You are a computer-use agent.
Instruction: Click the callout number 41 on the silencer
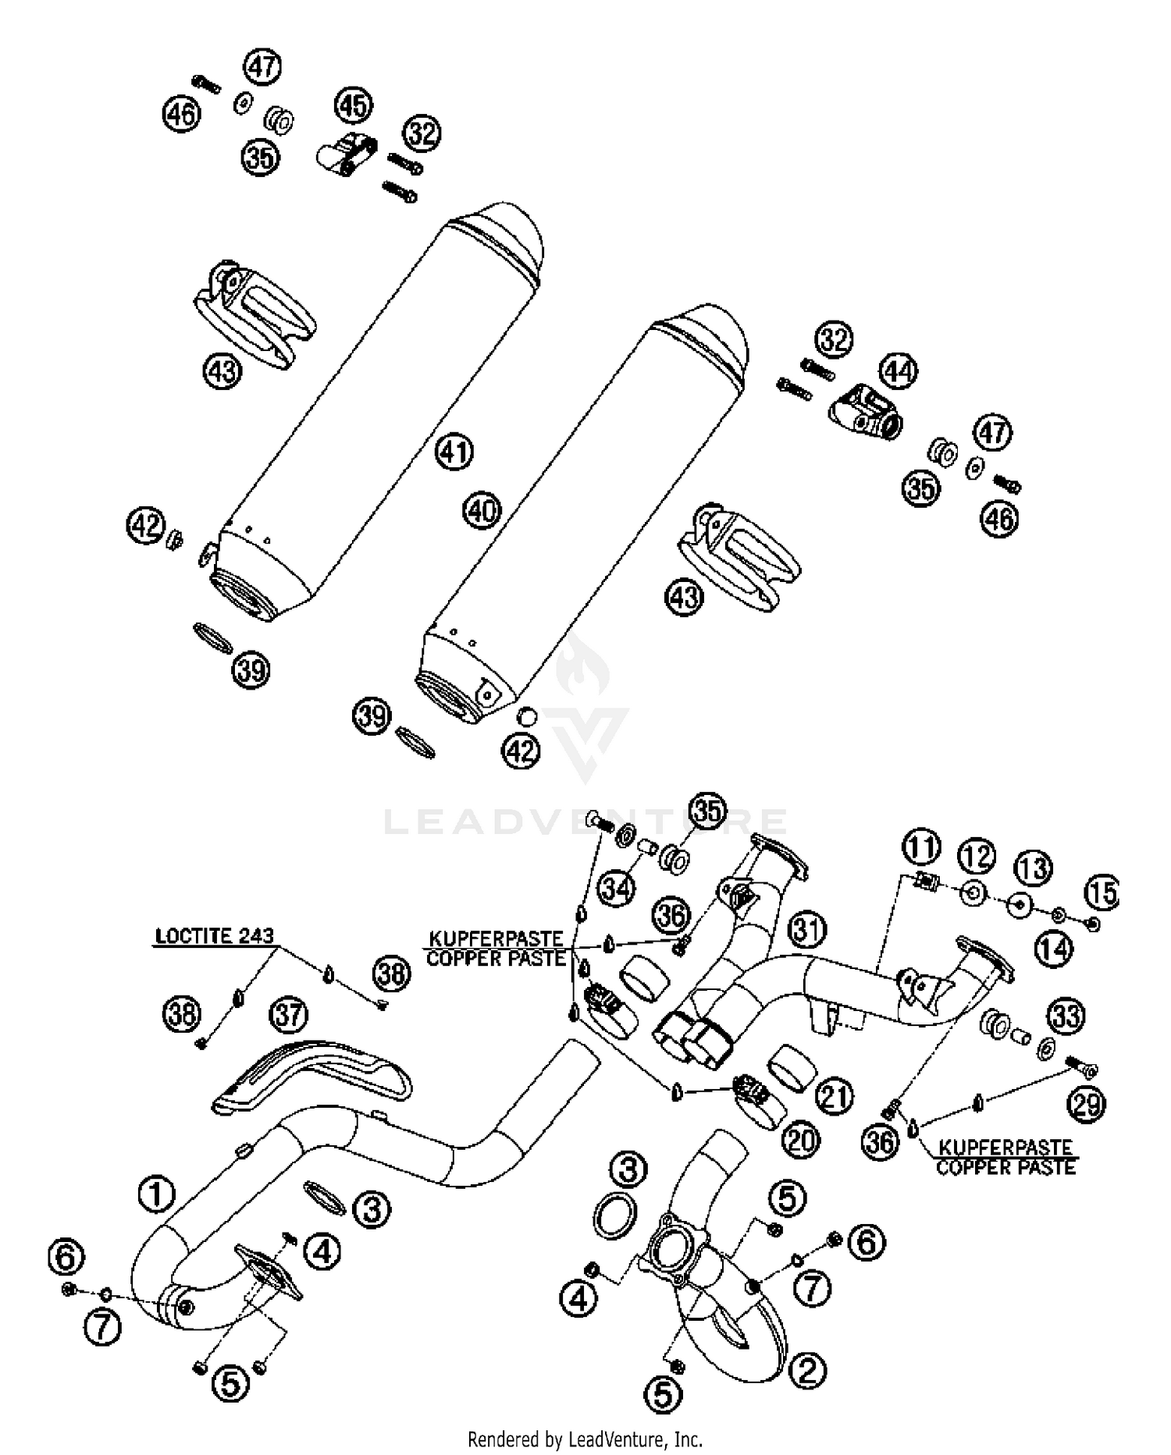tap(455, 452)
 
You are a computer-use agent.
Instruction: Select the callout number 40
tap(482, 511)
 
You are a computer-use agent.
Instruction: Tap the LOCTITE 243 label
tap(215, 935)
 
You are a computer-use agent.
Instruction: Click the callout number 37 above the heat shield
tap(289, 1016)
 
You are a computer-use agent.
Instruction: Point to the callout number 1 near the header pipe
tap(156, 1194)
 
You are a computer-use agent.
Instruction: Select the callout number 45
tap(354, 105)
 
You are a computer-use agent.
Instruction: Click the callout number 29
tap(1086, 1103)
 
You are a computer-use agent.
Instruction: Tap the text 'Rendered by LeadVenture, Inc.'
tap(585, 1439)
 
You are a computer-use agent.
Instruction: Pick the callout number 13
tap(1033, 868)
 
